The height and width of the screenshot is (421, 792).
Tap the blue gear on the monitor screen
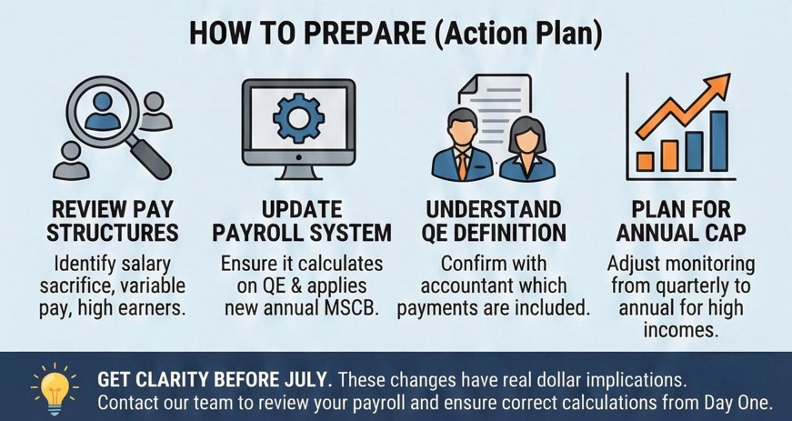[298, 118]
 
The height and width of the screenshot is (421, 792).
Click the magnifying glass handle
[150, 158]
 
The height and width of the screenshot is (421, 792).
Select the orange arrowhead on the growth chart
[717, 86]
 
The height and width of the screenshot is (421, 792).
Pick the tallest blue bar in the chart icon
[718, 141]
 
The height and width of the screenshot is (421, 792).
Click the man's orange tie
[463, 167]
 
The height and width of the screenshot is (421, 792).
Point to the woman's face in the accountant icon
[526, 140]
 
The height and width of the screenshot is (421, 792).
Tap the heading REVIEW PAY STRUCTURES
[113, 222]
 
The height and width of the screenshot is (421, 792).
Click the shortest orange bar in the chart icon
[645, 162]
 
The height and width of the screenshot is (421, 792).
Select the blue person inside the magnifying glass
[103, 112]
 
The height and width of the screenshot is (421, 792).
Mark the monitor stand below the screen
[298, 173]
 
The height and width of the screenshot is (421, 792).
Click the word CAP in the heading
[724, 233]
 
